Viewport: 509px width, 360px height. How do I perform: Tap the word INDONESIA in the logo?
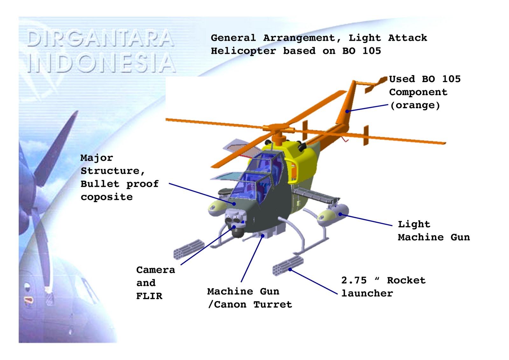[101, 63]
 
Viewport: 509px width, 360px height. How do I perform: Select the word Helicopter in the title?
[243, 51]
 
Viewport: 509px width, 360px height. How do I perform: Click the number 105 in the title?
[372, 51]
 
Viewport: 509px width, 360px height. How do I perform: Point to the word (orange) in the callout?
[415, 105]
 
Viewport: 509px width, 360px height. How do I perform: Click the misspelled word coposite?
[107, 197]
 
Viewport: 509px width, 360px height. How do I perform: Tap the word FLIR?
[149, 296]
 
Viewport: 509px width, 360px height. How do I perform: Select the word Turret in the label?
[273, 305]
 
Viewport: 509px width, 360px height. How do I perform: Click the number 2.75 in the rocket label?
[354, 280]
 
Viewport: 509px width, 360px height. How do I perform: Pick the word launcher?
[367, 293]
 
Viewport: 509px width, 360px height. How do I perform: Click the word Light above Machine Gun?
[414, 224]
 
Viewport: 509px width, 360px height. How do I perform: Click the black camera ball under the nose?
[237, 232]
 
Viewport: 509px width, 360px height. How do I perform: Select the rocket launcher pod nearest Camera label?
[189, 249]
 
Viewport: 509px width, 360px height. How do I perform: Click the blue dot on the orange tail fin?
[347, 111]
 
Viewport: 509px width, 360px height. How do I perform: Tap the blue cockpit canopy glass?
[254, 181]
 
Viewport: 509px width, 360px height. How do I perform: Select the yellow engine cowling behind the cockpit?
[302, 159]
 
